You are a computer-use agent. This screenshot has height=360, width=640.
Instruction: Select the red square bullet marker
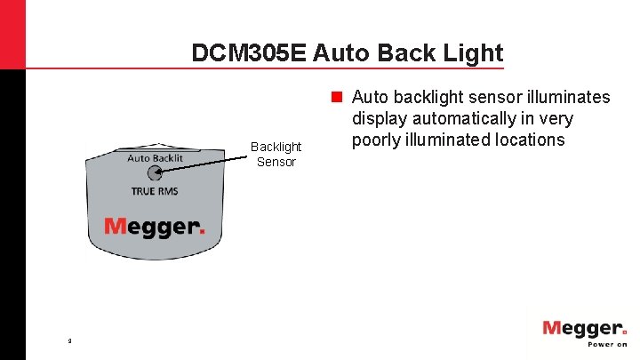tap(338, 96)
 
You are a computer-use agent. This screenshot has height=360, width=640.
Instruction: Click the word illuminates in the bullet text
tap(564, 97)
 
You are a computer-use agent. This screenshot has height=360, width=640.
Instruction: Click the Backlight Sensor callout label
tap(276, 154)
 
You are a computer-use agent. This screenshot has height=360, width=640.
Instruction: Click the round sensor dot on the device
tap(155, 173)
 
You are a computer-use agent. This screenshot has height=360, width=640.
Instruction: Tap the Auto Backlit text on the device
tap(155, 158)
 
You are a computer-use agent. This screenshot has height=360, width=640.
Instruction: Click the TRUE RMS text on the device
tap(155, 191)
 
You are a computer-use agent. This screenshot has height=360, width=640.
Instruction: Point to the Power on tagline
tap(606, 344)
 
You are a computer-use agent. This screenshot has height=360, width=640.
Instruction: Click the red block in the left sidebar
tap(12, 36)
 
